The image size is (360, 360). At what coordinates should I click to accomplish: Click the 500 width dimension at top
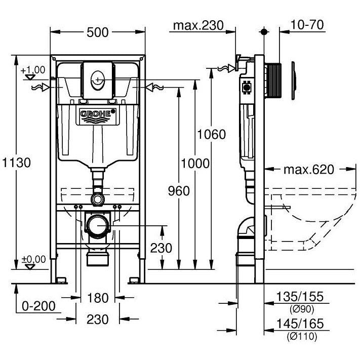click(x=98, y=32)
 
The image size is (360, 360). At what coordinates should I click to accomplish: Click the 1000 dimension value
click(x=195, y=163)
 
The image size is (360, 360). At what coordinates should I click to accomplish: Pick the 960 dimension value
click(x=178, y=191)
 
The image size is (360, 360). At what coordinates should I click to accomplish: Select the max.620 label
click(x=308, y=170)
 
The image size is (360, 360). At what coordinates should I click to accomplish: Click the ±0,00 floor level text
click(x=34, y=259)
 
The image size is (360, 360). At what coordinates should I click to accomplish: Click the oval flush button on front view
click(x=97, y=79)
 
